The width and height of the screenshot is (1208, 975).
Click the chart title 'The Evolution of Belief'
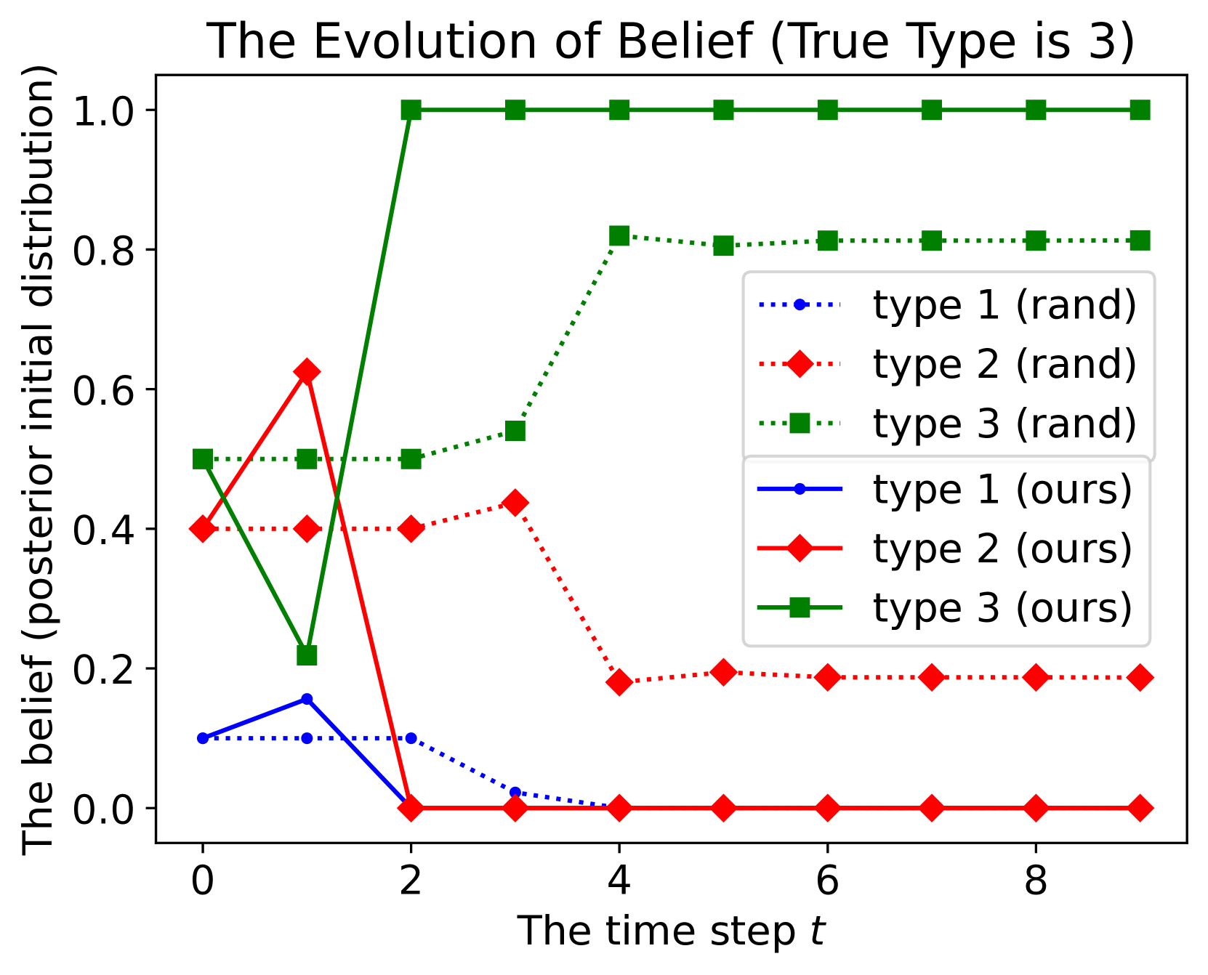(480, 41)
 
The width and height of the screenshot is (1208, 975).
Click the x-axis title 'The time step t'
(671, 931)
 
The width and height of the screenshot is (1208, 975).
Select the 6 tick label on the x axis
(827, 881)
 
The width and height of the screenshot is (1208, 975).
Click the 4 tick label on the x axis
(619, 881)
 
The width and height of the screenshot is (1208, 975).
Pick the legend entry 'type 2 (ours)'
(945, 549)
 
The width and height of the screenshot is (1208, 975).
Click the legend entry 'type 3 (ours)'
(945, 607)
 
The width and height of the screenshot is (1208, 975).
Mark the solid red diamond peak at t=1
(307, 372)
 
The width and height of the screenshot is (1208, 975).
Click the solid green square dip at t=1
(307, 655)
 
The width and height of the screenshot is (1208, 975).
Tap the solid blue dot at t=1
(307, 699)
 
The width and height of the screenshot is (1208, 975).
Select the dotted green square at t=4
(619, 235)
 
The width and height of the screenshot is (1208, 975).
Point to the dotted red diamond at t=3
(515, 503)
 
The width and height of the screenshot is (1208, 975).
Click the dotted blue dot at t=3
(515, 792)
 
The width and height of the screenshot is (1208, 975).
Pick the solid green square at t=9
(1140, 110)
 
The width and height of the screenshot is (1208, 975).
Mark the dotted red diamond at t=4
(619, 682)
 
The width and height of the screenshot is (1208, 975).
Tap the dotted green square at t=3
(515, 432)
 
